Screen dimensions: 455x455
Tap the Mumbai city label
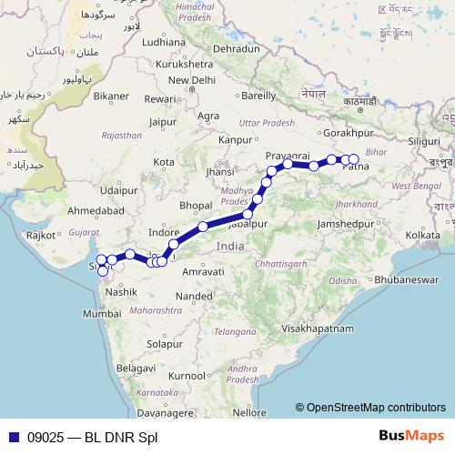click(x=101, y=312)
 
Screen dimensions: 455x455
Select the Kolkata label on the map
click(x=423, y=235)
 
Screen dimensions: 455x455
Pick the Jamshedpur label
click(x=348, y=223)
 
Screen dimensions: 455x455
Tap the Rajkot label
click(x=42, y=235)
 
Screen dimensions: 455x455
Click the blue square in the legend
click(x=15, y=437)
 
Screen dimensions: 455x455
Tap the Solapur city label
click(x=167, y=345)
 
